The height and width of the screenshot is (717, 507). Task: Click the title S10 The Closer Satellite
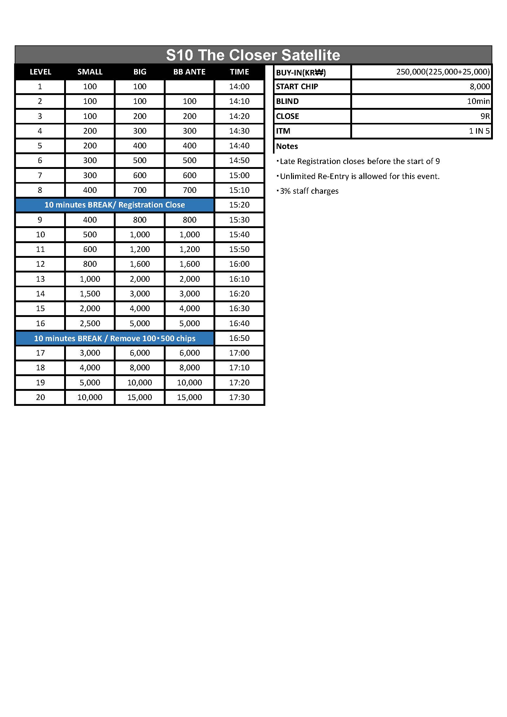click(253, 55)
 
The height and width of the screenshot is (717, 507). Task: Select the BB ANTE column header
click(189, 72)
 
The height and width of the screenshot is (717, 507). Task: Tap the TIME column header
click(239, 72)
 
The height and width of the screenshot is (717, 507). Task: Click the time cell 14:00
click(239, 86)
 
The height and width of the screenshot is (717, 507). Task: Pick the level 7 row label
click(40, 175)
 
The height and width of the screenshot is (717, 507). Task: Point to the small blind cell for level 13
click(90, 279)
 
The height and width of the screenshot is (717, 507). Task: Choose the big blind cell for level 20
click(140, 397)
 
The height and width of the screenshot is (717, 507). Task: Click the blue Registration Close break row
click(115, 205)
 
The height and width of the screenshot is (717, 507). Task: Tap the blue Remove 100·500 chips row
click(115, 338)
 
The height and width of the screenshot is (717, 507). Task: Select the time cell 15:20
click(239, 205)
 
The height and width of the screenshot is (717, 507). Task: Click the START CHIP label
click(297, 86)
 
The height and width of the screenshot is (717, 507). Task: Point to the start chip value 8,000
click(479, 86)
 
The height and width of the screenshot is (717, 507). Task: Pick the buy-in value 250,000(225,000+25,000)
click(443, 72)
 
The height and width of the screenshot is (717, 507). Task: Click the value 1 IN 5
click(479, 131)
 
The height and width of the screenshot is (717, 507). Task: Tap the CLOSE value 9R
click(485, 116)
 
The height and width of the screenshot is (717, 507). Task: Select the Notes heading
click(287, 146)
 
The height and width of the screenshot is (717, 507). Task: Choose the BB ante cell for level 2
click(189, 101)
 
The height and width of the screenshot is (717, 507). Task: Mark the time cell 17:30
click(239, 397)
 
